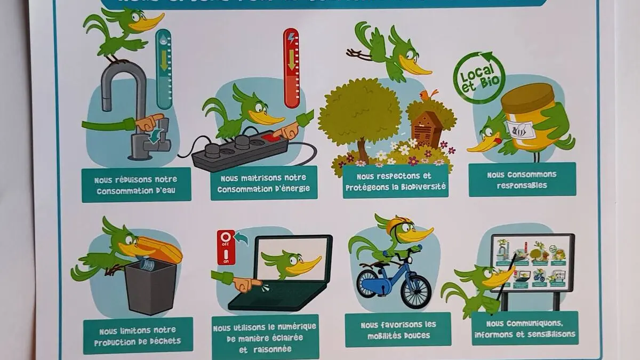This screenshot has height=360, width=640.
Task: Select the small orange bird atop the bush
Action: coord(428,96)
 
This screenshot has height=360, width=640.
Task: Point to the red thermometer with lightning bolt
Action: coord(291,68)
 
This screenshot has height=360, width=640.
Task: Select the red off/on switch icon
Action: coord(226,247)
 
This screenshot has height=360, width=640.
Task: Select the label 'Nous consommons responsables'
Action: coord(522,179)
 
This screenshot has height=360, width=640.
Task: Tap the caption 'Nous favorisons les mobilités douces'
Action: coord(398,330)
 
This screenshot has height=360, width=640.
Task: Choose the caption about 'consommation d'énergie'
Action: coord(263,183)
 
